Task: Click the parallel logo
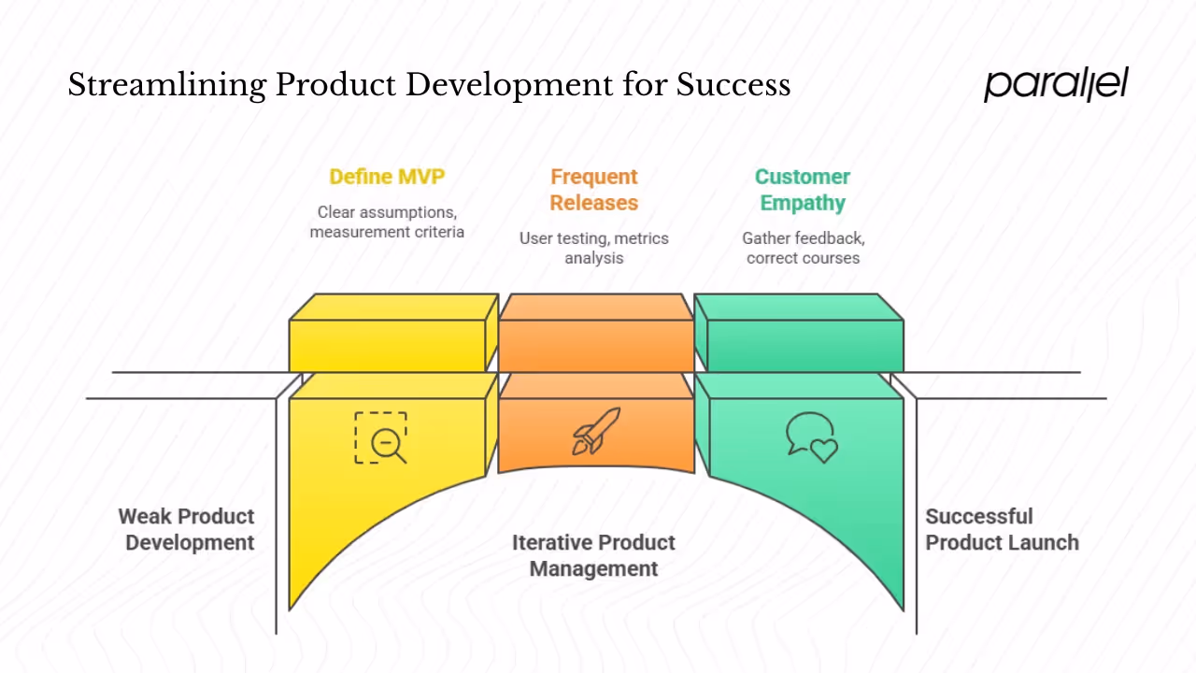(1056, 84)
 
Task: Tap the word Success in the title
(733, 85)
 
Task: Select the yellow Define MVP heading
(387, 177)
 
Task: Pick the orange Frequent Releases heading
(593, 190)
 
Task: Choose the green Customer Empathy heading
(802, 190)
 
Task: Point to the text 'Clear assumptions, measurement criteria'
(387, 222)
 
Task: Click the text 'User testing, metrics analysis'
(593, 248)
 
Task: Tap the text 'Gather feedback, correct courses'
(802, 248)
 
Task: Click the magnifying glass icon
(381, 437)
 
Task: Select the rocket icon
(596, 431)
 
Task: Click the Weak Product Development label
(187, 529)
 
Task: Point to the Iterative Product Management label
(593, 555)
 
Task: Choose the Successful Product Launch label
(1002, 529)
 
